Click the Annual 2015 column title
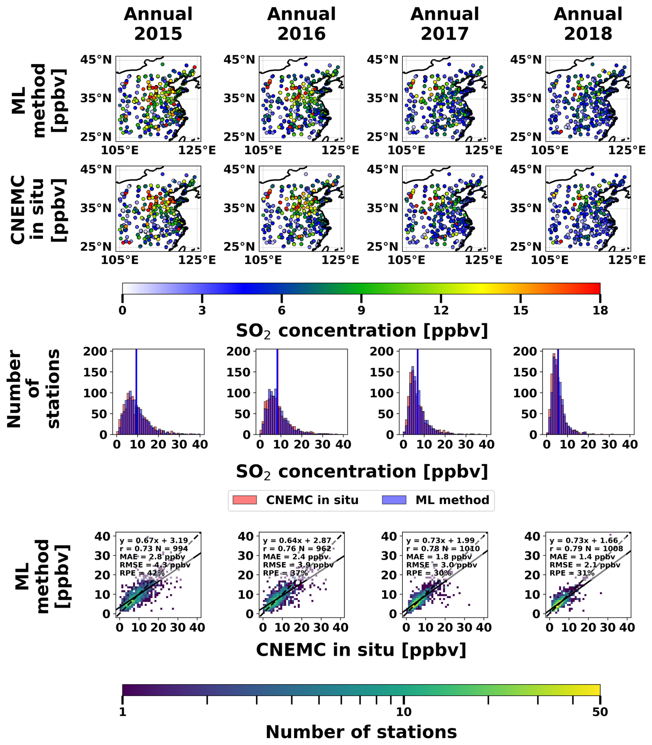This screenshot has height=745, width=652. tap(158, 24)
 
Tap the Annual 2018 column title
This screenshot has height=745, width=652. tap(588, 24)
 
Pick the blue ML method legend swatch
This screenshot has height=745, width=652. tap(394, 500)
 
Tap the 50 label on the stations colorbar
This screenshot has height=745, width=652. tap(600, 712)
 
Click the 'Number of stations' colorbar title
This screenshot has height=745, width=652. tap(361, 732)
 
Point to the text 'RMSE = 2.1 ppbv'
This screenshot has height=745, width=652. tap(585, 565)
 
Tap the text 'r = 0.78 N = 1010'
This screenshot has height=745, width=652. tap(443, 549)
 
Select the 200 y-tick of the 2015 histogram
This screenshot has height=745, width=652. tap(95, 351)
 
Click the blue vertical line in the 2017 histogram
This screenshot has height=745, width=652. tap(417, 391)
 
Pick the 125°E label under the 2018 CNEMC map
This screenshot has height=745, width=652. tap(626, 260)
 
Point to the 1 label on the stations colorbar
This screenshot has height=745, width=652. tap(123, 712)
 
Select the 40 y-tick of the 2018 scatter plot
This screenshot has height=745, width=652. tap(532, 536)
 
